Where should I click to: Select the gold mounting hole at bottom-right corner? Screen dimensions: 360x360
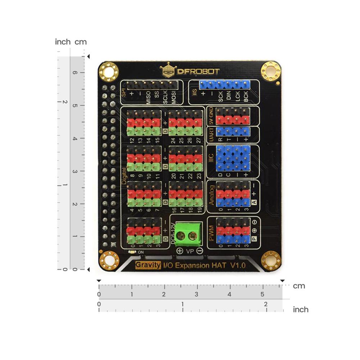click(271, 260)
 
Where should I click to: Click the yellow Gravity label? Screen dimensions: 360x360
click(148, 265)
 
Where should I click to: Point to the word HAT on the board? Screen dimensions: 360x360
click(220, 265)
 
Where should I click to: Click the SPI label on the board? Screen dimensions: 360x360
click(124, 93)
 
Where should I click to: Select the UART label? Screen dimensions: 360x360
click(212, 134)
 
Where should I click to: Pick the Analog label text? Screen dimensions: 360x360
click(211, 195)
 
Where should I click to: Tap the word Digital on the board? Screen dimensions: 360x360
click(124, 176)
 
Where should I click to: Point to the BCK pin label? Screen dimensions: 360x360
click(246, 98)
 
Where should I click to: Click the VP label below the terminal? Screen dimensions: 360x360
click(190, 251)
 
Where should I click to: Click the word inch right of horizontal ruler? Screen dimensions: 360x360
click(301, 310)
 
